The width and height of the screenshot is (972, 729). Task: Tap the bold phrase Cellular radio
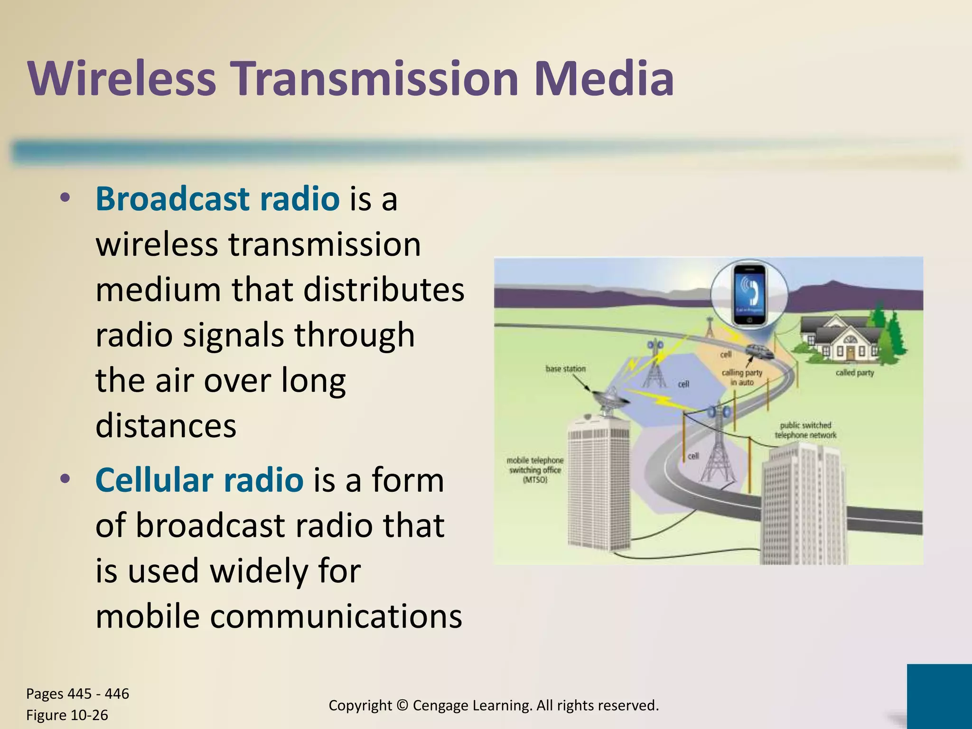point(199,480)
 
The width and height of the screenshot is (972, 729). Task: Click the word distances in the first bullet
point(166,425)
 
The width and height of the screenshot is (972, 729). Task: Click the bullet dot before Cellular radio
point(65,478)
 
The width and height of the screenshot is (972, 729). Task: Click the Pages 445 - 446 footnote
point(77,693)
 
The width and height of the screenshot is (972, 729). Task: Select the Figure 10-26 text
point(67,715)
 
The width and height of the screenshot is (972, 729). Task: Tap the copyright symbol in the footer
point(402,705)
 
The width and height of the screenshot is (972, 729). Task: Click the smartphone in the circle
point(749,295)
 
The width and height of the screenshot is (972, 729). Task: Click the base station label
point(565,369)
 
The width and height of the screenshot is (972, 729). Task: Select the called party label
point(854,373)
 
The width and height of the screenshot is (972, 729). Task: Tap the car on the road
point(759,352)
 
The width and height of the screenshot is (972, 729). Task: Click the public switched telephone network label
point(805,430)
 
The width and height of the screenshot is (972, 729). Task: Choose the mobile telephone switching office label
point(535,470)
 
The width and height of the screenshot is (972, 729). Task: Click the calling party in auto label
point(742,377)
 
